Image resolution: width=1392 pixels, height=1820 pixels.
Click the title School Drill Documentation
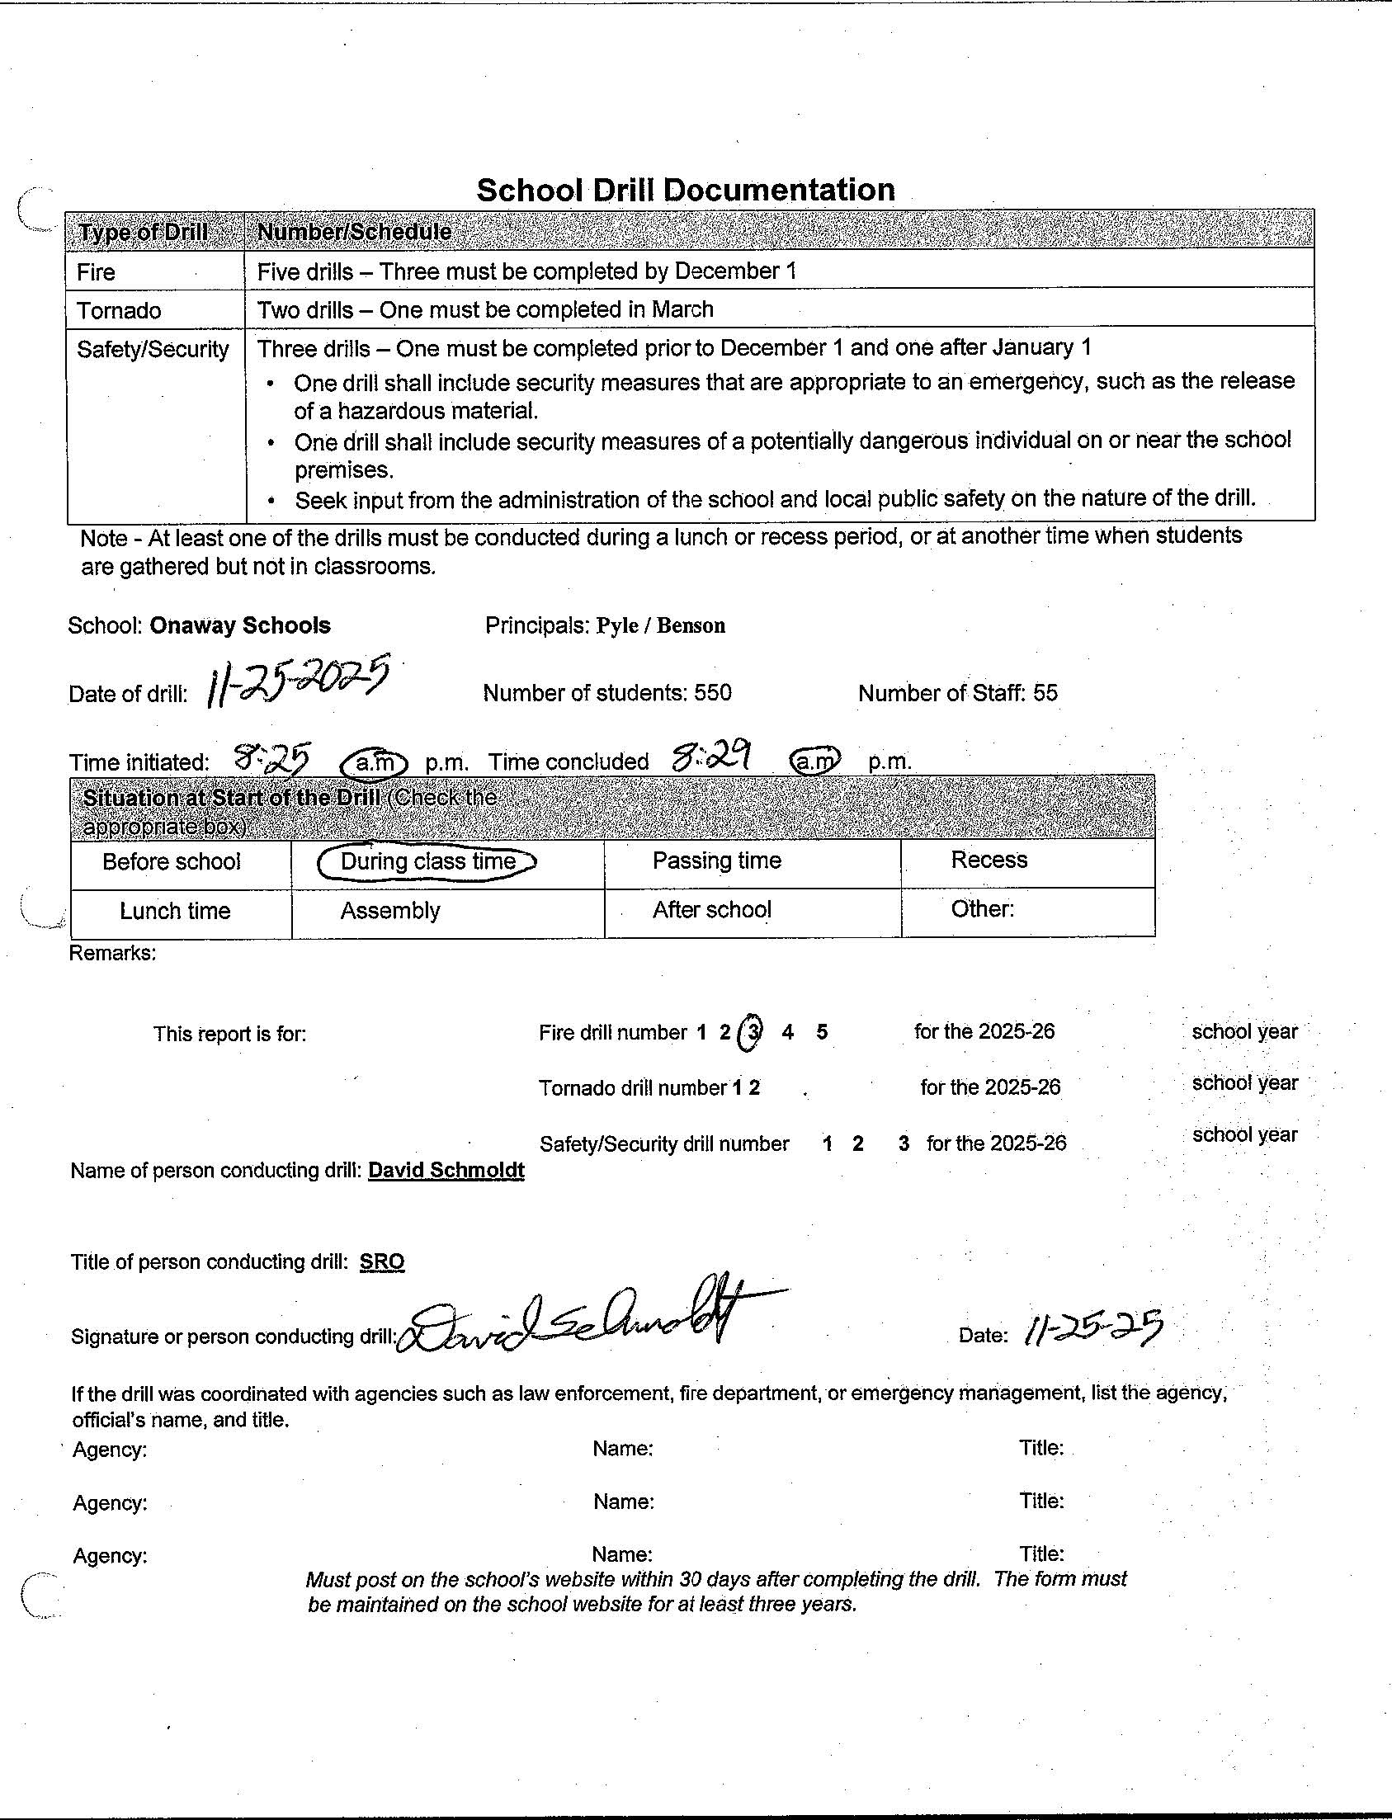click(685, 190)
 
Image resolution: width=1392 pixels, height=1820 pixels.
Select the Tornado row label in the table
click(119, 311)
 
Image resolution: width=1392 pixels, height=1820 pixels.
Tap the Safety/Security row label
click(153, 350)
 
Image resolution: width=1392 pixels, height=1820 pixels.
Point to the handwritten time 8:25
click(271, 757)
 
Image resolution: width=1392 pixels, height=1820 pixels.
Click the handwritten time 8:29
click(712, 756)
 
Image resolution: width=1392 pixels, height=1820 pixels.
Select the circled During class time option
click(427, 861)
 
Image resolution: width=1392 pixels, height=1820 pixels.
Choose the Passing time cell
click(717, 860)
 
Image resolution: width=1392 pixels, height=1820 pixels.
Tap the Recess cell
click(989, 860)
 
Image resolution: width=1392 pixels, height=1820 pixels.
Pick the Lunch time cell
click(175, 912)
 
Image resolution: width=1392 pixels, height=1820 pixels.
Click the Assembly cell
click(390, 912)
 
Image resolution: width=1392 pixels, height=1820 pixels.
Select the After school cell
click(712, 909)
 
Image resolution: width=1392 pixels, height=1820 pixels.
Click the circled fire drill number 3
click(752, 1032)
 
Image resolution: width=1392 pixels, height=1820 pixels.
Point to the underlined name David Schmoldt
click(446, 1170)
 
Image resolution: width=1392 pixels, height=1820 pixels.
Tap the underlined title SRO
click(382, 1261)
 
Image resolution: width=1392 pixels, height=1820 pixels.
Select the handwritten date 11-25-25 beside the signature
click(1092, 1329)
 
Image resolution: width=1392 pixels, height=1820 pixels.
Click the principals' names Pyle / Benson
click(660, 625)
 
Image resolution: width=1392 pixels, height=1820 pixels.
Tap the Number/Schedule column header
click(355, 232)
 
